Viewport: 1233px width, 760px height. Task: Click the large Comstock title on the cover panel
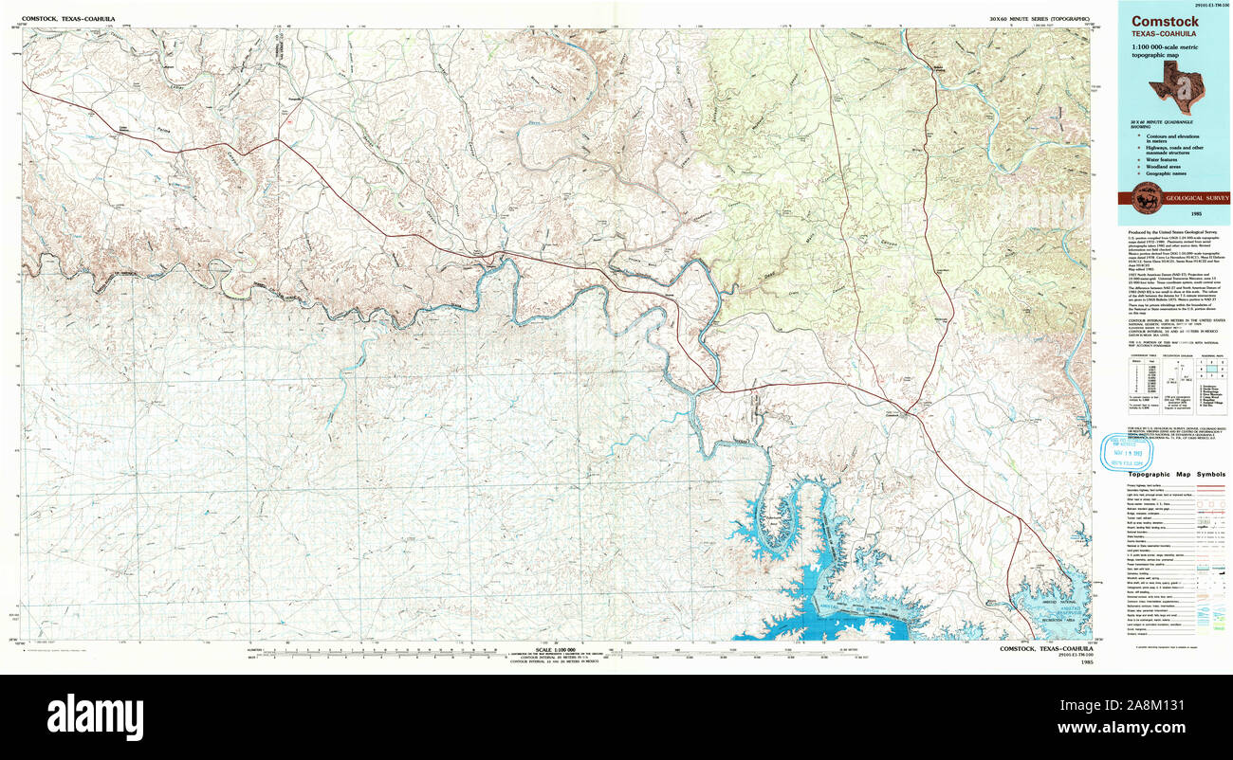pos(1151,22)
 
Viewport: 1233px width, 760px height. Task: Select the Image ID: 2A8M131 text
pos(1172,705)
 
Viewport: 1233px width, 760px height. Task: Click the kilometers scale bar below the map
pos(379,652)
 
